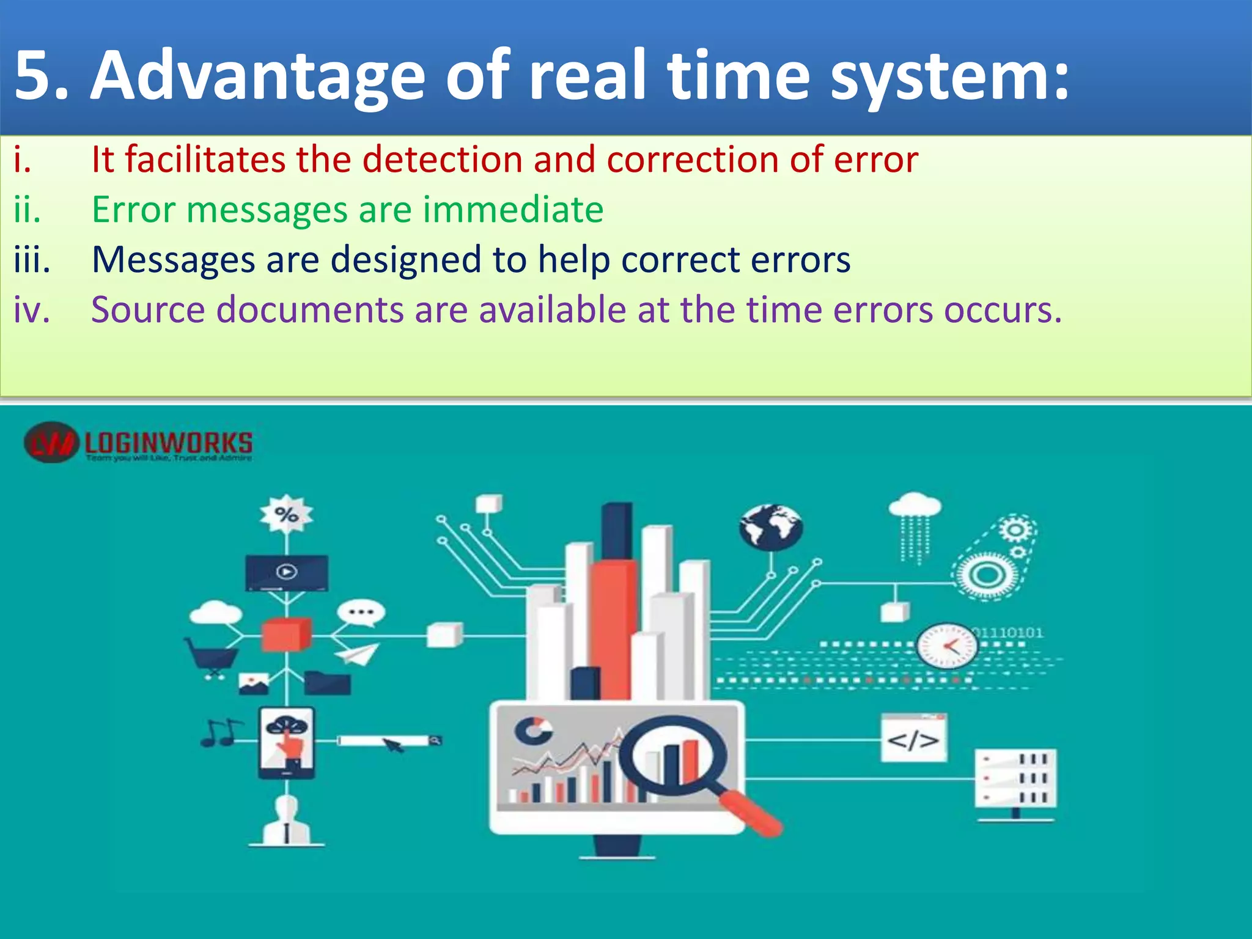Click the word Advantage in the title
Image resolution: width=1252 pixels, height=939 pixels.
click(257, 76)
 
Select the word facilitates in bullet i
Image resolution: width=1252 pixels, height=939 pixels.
click(205, 160)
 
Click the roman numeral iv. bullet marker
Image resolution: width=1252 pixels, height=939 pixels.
click(32, 309)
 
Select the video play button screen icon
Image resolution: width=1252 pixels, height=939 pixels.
click(287, 572)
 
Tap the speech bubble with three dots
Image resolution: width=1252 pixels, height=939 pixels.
click(361, 612)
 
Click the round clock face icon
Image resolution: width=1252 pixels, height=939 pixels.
click(946, 646)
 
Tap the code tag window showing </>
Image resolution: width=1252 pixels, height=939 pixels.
click(913, 738)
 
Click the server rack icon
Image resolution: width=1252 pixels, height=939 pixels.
click(1015, 778)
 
